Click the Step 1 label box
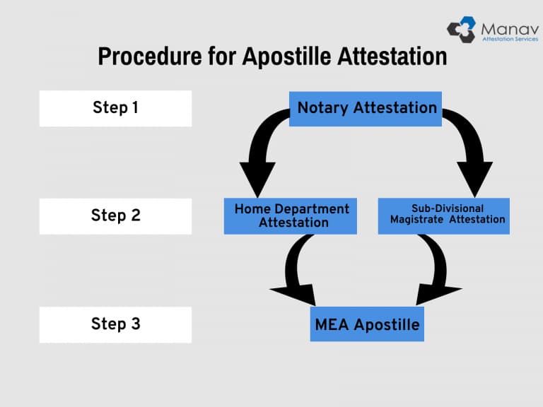115,108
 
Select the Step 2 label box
115,216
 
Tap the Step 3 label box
115,324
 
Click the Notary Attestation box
366,108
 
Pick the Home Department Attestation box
291,216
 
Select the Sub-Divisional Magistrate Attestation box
444,216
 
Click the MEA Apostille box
367,324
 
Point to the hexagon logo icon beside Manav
462,29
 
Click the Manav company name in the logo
508,28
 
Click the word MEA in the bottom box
332,324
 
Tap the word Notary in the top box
322,108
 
